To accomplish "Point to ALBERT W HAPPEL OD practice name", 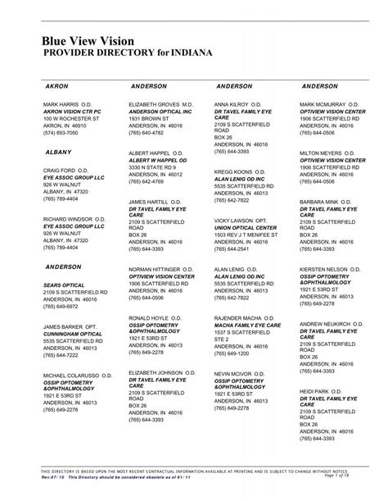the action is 158,161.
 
